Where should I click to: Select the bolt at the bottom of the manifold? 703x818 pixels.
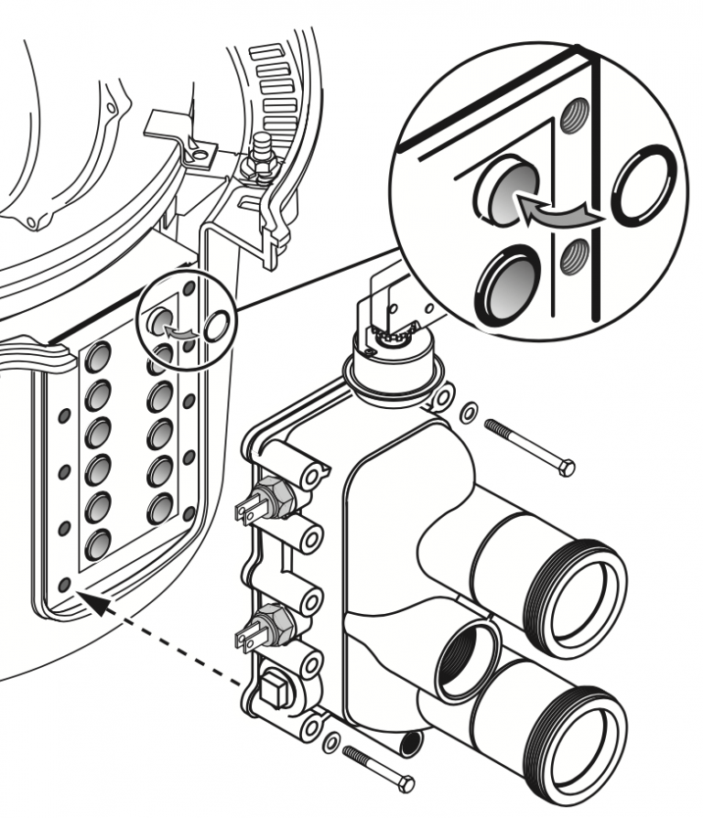click(375, 766)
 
